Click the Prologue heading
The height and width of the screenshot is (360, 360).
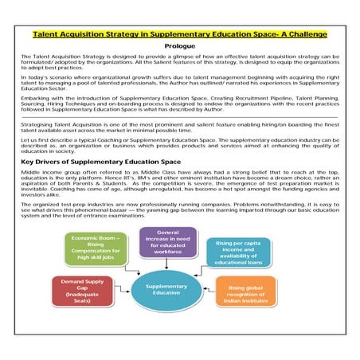pos(179,47)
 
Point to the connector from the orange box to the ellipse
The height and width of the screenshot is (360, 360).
pos(210,291)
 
